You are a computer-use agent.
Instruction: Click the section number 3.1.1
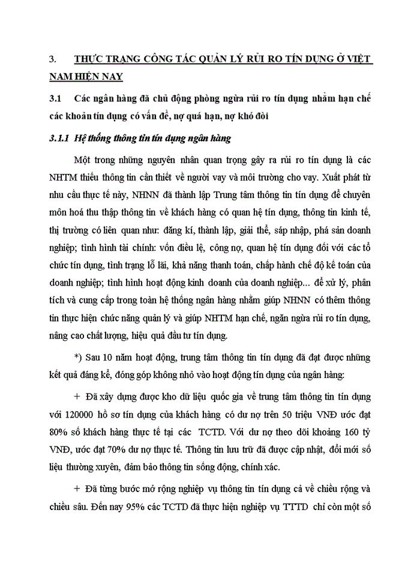[59, 139]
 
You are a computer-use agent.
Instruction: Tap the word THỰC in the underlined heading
[89, 59]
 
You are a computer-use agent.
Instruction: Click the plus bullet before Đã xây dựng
[77, 397]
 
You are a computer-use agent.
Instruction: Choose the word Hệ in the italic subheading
[79, 139]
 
